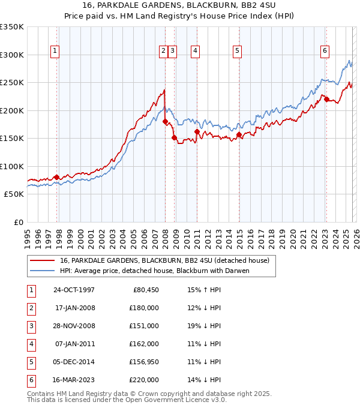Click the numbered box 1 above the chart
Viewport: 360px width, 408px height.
pos(55,52)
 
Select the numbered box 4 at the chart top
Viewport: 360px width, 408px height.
pos(196,52)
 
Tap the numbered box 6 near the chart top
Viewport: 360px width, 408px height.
pos(325,52)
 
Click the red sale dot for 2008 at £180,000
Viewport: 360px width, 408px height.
pos(165,122)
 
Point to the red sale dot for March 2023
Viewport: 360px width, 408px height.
pos(326,100)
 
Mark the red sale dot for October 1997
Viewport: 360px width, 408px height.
pos(57,177)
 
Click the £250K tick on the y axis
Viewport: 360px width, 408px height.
pos(12,83)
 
